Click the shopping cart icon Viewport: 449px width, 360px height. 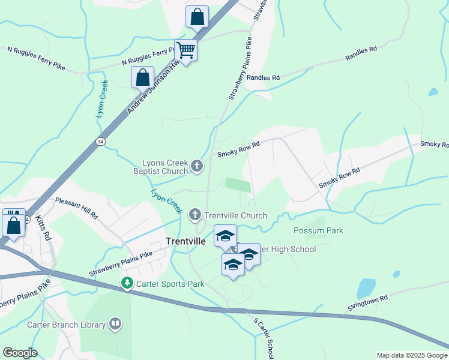point(185,50)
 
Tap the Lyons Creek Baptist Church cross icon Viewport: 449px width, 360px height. point(197,165)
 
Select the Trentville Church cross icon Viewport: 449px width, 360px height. point(195,215)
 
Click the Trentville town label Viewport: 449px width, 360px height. point(185,241)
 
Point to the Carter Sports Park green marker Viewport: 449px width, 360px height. point(127,283)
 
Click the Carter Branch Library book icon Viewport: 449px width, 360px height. point(115,325)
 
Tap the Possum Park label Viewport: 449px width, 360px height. point(318,231)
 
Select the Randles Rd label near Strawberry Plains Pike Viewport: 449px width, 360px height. point(263,78)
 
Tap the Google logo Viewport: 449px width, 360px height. point(20,353)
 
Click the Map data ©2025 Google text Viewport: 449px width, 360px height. point(411,355)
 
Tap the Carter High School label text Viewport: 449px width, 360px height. point(289,249)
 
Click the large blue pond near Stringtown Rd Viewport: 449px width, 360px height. point(366,287)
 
